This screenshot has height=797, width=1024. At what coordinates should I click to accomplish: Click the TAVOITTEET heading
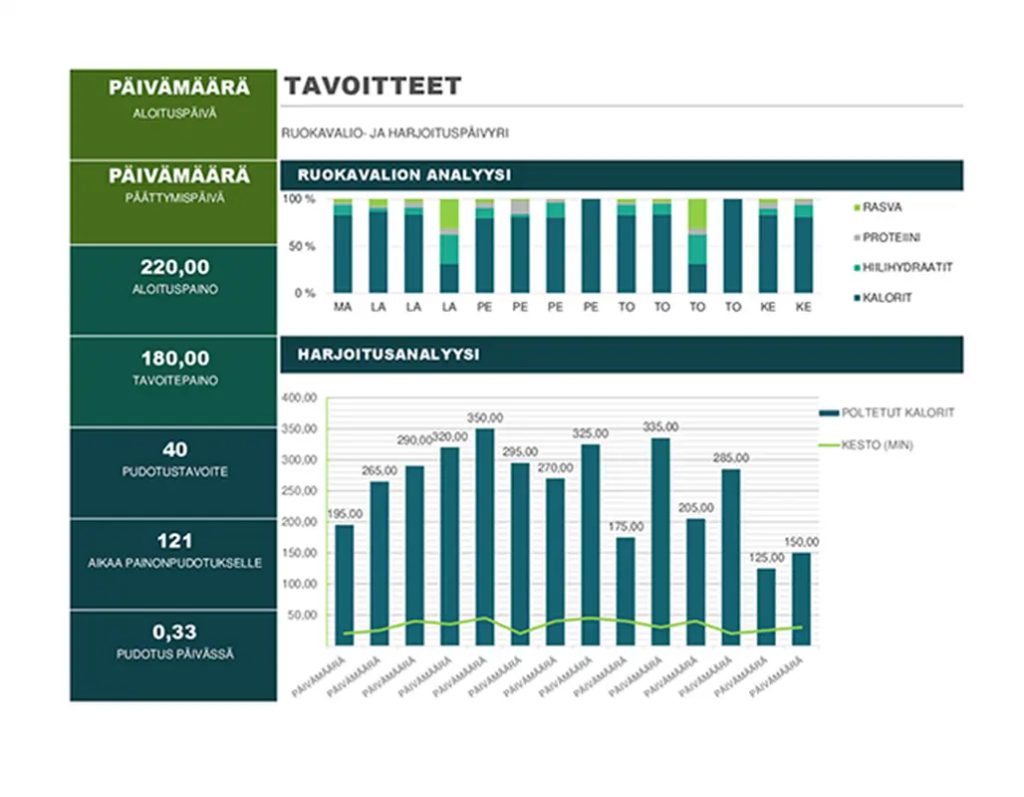coord(373,86)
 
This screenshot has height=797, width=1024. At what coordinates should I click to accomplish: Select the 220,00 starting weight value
coord(174,267)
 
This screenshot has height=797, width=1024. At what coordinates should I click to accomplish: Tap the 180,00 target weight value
coord(174,359)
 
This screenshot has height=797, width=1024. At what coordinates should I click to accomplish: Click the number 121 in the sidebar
coord(174,542)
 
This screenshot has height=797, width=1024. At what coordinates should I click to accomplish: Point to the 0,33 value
coord(174,632)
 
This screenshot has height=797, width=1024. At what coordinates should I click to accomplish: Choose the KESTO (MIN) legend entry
coord(877,445)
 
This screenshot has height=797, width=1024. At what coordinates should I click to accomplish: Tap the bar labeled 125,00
coord(766,606)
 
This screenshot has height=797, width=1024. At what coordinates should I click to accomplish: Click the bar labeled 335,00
coord(660,541)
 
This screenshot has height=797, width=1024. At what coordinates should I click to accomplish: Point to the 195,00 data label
coord(344,513)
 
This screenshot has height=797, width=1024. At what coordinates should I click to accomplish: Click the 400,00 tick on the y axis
coord(300,398)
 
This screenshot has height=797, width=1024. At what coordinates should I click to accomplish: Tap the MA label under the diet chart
coord(343,307)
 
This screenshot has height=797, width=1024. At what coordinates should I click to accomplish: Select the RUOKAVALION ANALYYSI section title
coord(404,175)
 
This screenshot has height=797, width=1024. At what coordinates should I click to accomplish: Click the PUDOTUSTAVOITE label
coord(174,471)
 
